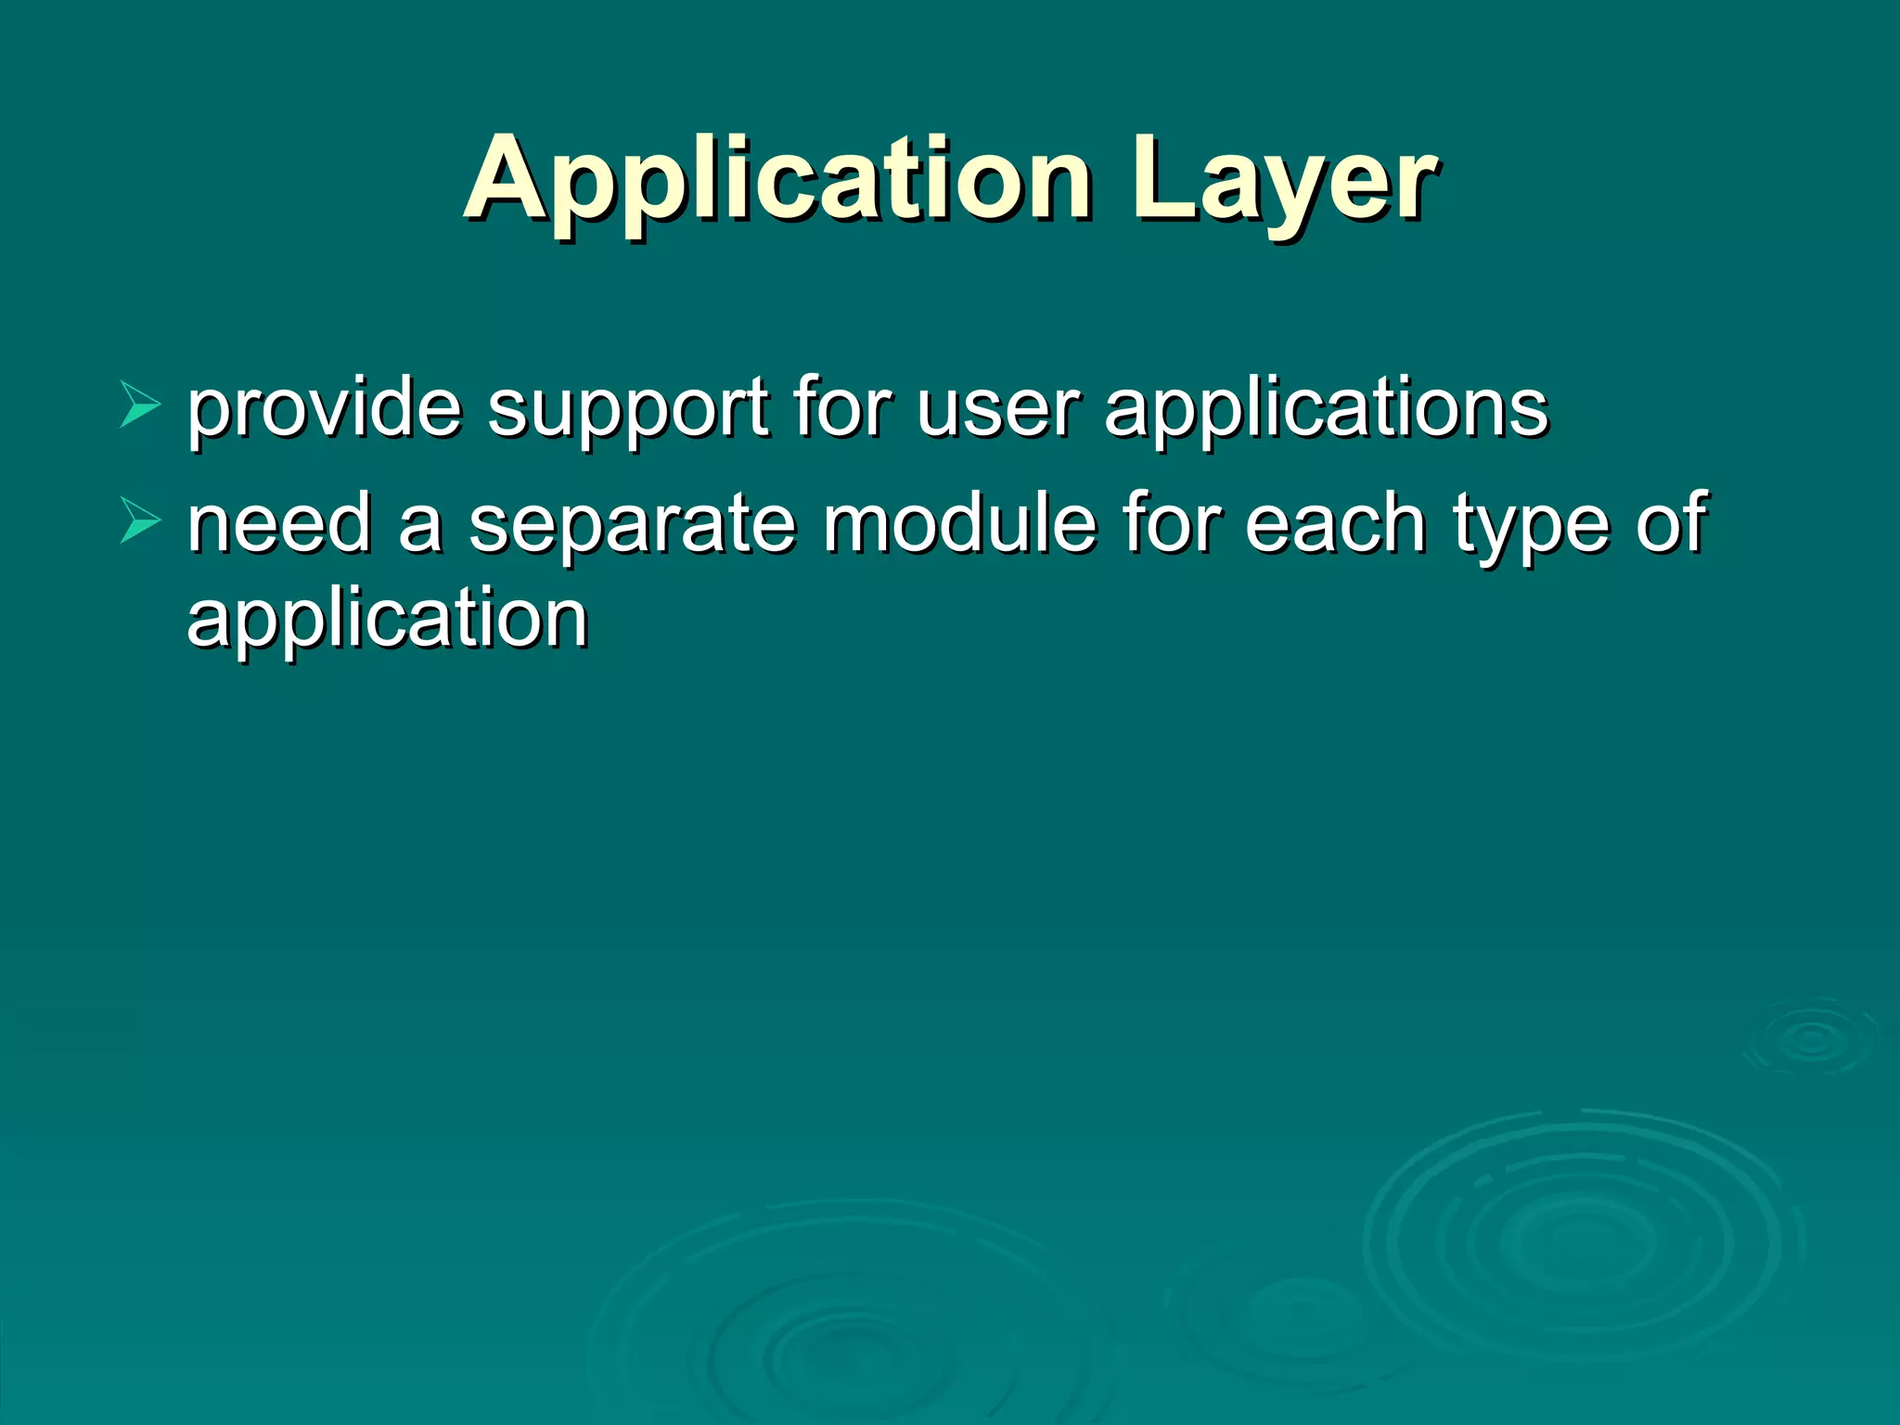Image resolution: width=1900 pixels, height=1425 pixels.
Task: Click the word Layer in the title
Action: pos(1284,180)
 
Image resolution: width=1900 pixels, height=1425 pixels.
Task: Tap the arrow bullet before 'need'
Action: pos(140,520)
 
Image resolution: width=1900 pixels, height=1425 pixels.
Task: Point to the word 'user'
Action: pos(997,410)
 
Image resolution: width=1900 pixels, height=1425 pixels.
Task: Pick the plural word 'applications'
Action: pos(1327,410)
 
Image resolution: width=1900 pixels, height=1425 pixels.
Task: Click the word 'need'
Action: pos(279,524)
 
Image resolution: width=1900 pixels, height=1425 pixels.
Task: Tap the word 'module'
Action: pos(959,524)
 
